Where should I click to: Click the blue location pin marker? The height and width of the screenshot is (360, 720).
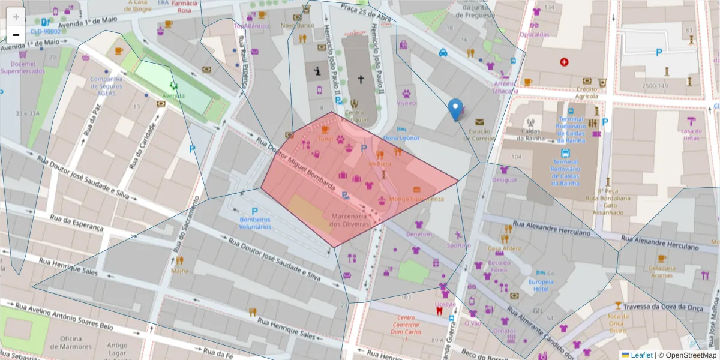[x=455, y=109]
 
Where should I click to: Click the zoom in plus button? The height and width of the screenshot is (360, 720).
[x=16, y=17]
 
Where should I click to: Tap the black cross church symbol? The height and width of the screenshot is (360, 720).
[x=361, y=79]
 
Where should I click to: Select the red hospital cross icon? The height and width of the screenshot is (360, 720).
[x=564, y=62]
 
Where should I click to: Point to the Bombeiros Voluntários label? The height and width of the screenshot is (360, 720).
[x=254, y=223]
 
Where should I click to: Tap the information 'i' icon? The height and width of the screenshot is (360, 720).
[x=318, y=71]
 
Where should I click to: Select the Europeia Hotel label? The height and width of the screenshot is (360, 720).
[x=541, y=285]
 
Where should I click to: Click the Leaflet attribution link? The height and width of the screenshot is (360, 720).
[x=641, y=355]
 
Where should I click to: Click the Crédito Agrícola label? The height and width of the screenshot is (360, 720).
[x=587, y=92]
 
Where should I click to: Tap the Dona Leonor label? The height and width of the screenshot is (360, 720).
[x=401, y=138]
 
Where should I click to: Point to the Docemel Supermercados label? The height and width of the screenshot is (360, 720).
[x=22, y=67]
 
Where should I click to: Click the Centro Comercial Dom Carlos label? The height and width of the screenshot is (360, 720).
[x=406, y=328]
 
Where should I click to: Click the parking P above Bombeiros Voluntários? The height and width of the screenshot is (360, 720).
[x=254, y=211]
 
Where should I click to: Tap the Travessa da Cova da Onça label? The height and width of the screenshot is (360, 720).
[x=662, y=307]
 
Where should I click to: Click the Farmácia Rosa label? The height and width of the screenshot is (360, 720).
[x=184, y=7]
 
